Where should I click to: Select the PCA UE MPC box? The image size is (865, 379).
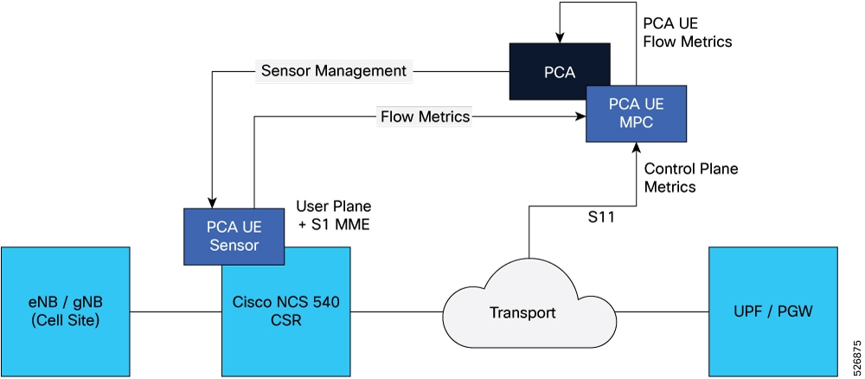pyautogui.click(x=636, y=113)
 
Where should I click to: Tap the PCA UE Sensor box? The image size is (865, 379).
pyautogui.click(x=234, y=234)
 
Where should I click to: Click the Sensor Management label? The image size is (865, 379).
pyautogui.click(x=334, y=71)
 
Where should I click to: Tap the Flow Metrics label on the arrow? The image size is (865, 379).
pyautogui.click(x=425, y=115)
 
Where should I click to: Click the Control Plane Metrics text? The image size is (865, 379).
pyautogui.click(x=691, y=177)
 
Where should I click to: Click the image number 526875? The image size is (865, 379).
pyautogui.click(x=855, y=355)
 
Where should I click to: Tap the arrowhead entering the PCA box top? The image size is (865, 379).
pyautogui.click(x=561, y=38)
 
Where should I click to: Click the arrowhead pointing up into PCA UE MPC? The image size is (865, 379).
pyautogui.click(x=636, y=149)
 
